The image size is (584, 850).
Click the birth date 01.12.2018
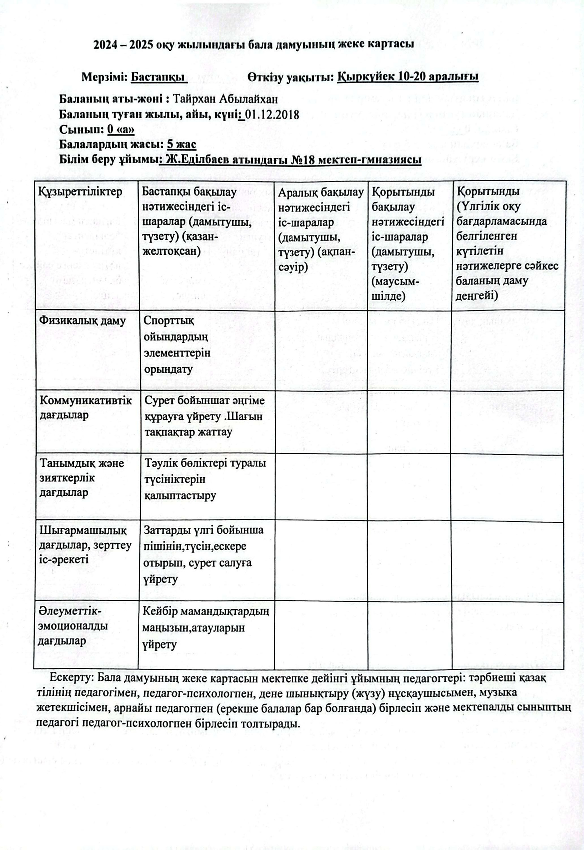tap(272, 114)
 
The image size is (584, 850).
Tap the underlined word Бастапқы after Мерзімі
tap(158, 77)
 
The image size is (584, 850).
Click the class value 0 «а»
tap(121, 130)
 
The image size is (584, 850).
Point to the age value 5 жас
tap(181, 145)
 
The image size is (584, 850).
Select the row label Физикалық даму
tap(83, 320)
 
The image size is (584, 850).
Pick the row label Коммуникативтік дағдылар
tap(86, 407)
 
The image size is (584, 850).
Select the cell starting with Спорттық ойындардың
tap(177, 345)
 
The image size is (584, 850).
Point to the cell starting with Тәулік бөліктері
tap(205, 479)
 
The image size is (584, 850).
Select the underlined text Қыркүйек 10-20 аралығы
tap(408, 77)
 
